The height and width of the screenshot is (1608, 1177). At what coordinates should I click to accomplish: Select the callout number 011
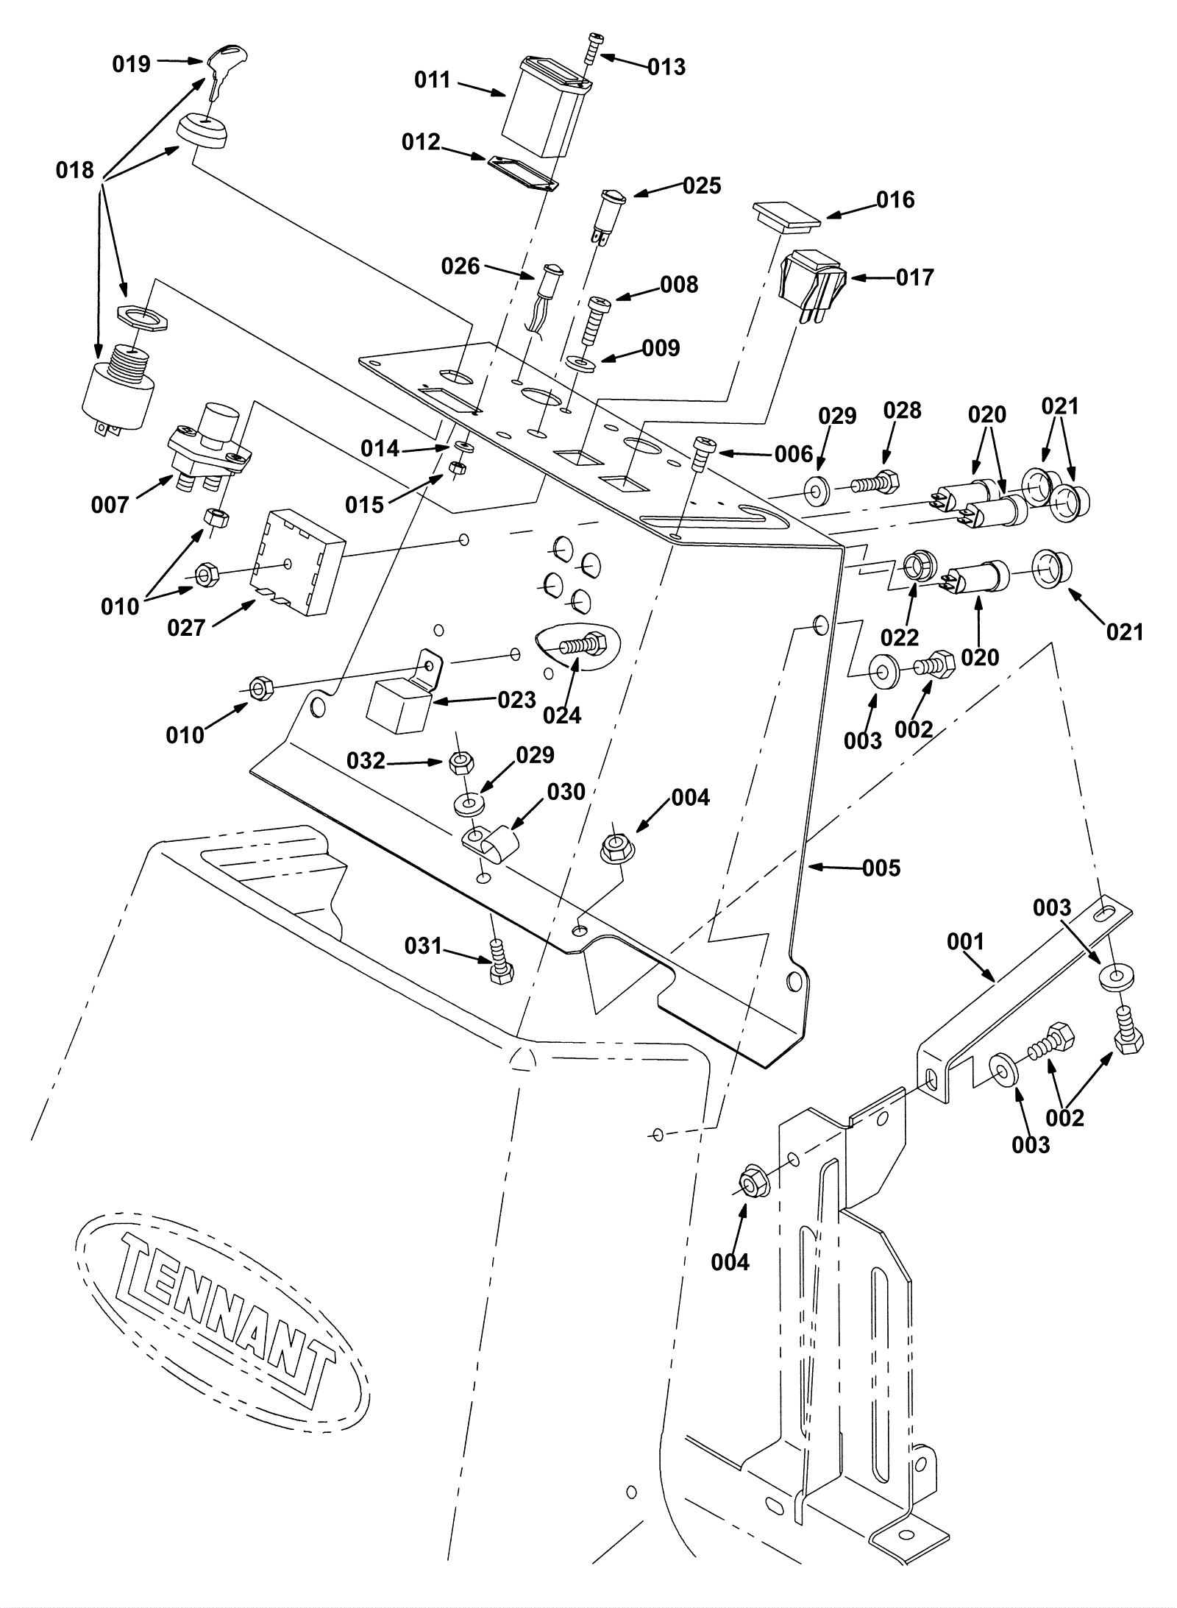[x=432, y=79]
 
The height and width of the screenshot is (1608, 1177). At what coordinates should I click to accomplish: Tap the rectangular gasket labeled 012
[x=523, y=174]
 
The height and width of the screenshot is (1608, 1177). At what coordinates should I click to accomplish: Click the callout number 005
[x=881, y=868]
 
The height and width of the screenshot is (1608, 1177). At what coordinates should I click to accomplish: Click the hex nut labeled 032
[x=461, y=763]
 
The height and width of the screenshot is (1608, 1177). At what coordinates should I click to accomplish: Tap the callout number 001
[x=965, y=941]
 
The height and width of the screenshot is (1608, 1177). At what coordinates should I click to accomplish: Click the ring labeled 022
[x=917, y=570]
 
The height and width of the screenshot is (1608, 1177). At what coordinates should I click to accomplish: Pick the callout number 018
[x=75, y=170]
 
